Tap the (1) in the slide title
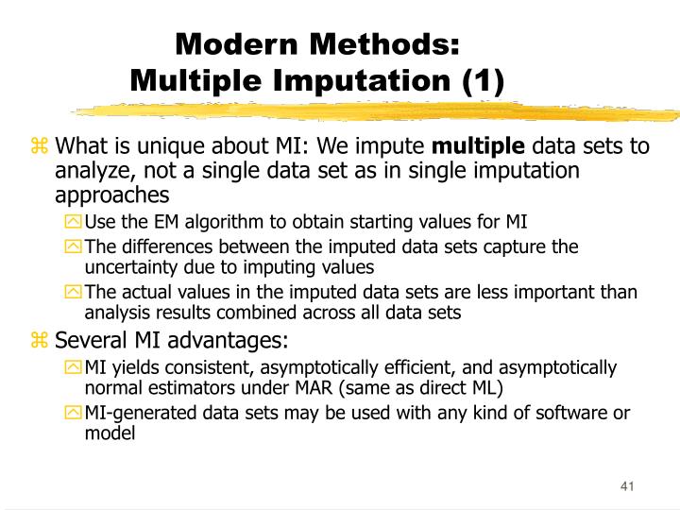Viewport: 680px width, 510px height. [x=483, y=80]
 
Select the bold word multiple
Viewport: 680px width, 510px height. [x=479, y=146]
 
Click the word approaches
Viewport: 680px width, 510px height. [x=112, y=195]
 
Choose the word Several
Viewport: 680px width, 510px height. [x=90, y=340]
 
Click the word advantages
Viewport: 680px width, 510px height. [x=225, y=340]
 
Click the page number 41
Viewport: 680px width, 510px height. [x=626, y=486]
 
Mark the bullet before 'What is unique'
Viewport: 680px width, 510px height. [x=40, y=146]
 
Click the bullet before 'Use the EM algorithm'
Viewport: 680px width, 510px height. [x=74, y=223]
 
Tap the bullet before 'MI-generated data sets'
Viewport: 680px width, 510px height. [x=74, y=413]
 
